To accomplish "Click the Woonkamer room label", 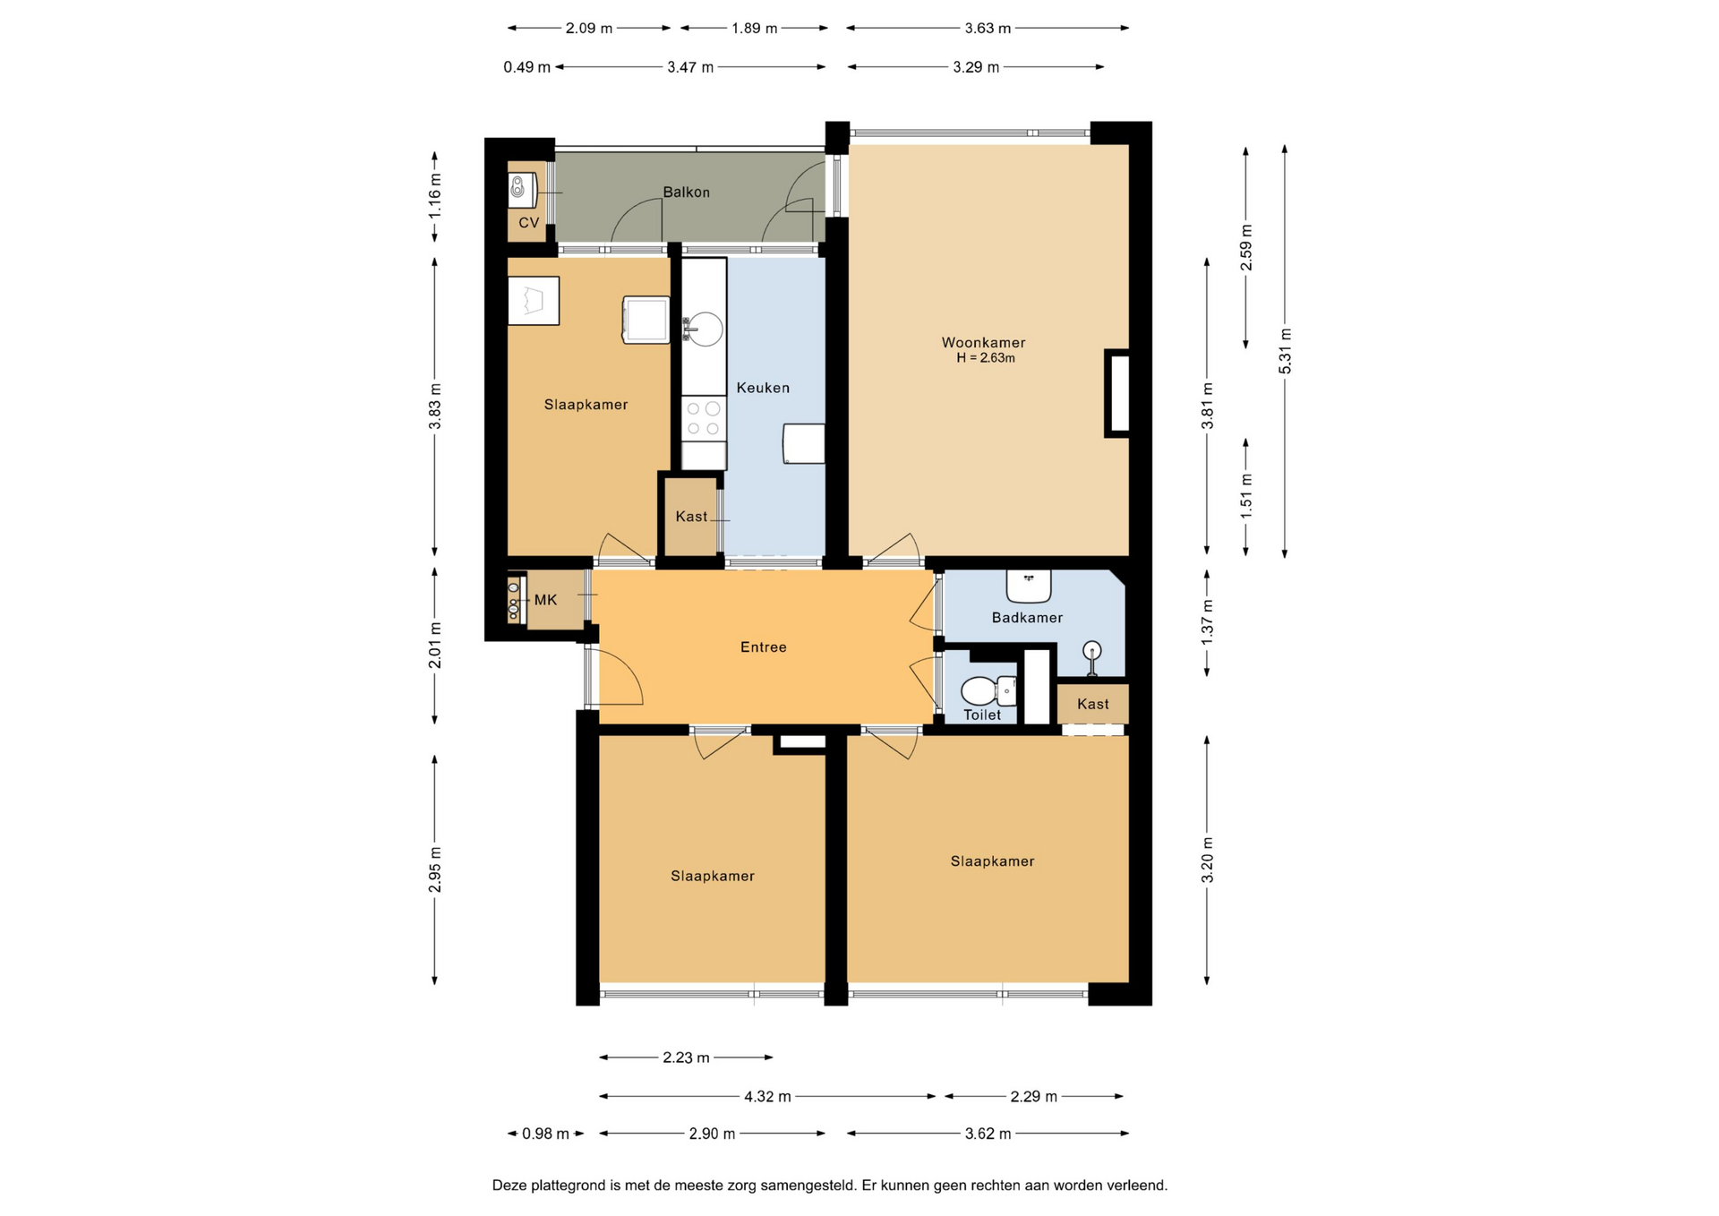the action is click(983, 342).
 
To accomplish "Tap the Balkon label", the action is click(686, 192).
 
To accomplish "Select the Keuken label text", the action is click(763, 388).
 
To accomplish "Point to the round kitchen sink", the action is click(704, 330).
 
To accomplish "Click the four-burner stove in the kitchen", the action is click(703, 419).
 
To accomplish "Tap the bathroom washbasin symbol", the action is click(1028, 587).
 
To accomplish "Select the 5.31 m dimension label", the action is click(1285, 351).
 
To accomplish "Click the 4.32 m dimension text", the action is click(767, 1096).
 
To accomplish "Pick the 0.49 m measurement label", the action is click(526, 67).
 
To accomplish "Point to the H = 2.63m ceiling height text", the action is click(985, 358).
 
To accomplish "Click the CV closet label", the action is click(528, 223).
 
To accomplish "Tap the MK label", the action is click(545, 600).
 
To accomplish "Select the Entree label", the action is click(763, 647).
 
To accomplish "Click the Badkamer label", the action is click(1027, 618).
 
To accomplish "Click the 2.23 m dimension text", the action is click(686, 1058).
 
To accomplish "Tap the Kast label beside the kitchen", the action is click(691, 517).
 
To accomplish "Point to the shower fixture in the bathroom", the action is click(1091, 657).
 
